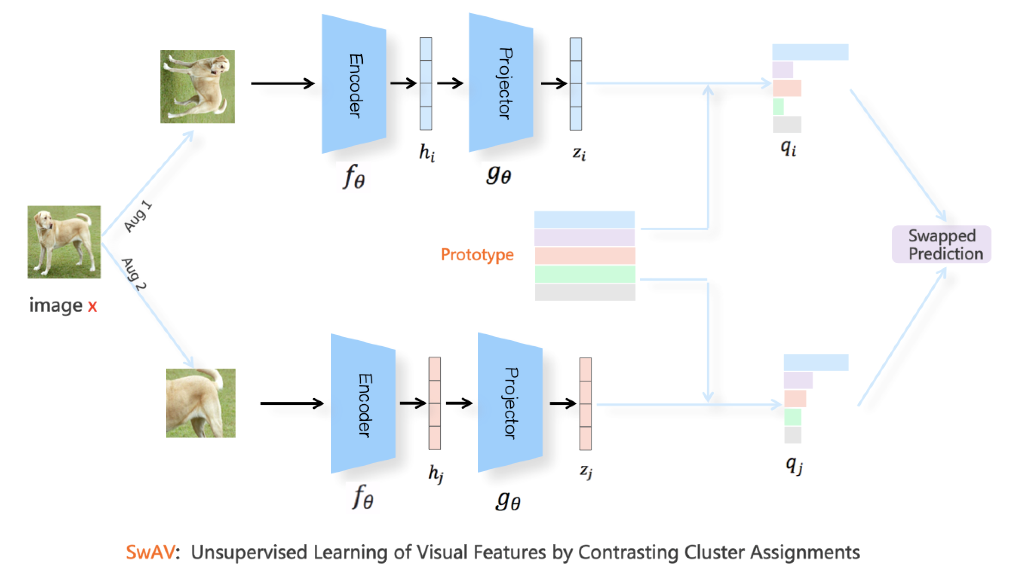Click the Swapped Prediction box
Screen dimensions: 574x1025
[x=941, y=244]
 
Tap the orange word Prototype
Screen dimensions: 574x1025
[x=477, y=255]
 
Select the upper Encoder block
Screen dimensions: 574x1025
[x=354, y=84]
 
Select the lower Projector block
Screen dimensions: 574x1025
[x=510, y=403]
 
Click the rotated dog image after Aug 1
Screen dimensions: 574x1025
[x=197, y=86]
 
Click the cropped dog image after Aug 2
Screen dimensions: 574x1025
[x=200, y=403]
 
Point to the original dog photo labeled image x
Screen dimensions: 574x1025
[x=64, y=242]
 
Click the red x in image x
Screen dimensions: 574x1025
[x=92, y=306]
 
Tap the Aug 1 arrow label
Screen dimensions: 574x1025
[x=138, y=217]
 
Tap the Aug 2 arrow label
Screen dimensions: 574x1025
[x=135, y=274]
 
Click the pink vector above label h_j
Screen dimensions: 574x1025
[x=435, y=403]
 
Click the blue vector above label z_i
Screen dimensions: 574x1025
[x=576, y=84]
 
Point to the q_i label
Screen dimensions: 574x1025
[x=788, y=149]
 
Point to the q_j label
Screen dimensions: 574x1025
[x=794, y=465]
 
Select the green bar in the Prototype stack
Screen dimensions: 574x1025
[x=585, y=274]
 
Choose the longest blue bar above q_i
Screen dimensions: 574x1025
[x=810, y=52]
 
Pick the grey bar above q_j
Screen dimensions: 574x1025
[x=792, y=435]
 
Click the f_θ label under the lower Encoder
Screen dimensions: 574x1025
[x=363, y=498]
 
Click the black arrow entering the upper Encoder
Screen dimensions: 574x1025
[x=282, y=83]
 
